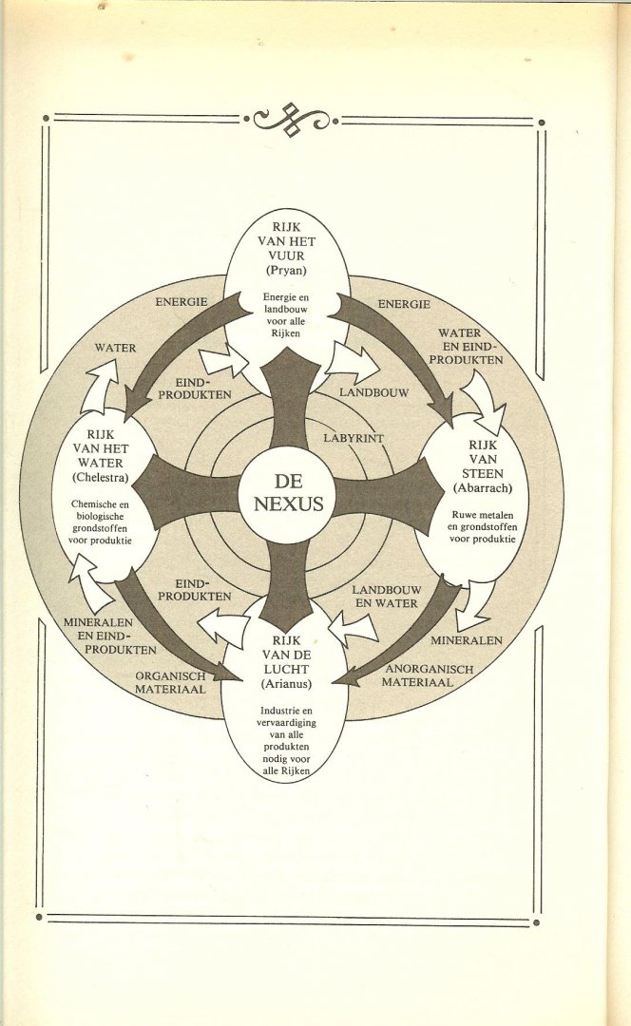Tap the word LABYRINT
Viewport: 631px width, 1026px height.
point(354,439)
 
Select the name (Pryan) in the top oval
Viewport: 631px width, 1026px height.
point(287,271)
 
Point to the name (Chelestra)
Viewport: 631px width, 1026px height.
point(99,478)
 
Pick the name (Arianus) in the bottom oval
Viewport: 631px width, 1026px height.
point(286,681)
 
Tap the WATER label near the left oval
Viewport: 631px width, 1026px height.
point(115,348)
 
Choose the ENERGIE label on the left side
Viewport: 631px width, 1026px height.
point(182,301)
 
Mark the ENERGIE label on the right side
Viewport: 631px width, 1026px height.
point(404,304)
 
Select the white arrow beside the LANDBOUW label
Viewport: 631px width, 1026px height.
point(352,362)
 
